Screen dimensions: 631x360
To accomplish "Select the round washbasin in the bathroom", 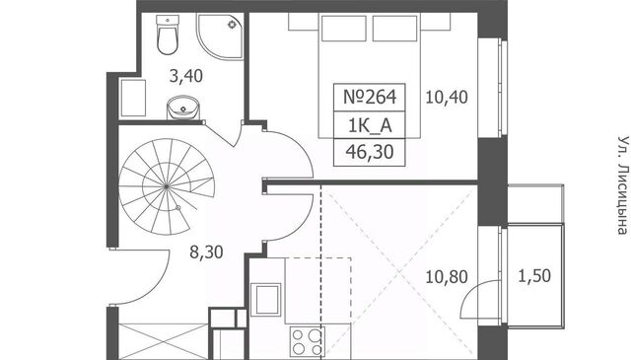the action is coord(183,108).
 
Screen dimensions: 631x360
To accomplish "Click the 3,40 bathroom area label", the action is coord(186,76).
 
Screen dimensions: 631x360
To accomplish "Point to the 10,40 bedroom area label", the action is coord(447,98).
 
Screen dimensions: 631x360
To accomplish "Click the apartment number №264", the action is coord(370,97).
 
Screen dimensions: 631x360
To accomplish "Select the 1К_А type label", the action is coord(370,126).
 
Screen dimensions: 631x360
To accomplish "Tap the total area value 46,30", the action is coord(370,152).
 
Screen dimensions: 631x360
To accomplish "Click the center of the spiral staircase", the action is coord(167,186).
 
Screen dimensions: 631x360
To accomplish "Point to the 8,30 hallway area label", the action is coord(206,252).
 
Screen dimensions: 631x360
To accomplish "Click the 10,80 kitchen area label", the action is coord(447,277).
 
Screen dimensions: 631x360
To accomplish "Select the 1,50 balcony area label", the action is coord(534,276).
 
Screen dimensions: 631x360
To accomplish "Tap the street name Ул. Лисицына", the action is coord(622,185).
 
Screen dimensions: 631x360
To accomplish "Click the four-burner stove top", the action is coord(307,342).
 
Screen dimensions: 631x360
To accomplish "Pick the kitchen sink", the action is coord(265,300).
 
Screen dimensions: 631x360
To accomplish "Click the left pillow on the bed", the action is coord(344,29).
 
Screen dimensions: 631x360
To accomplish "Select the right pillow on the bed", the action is coord(394,29).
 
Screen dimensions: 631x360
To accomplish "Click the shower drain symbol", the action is coord(233,25).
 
